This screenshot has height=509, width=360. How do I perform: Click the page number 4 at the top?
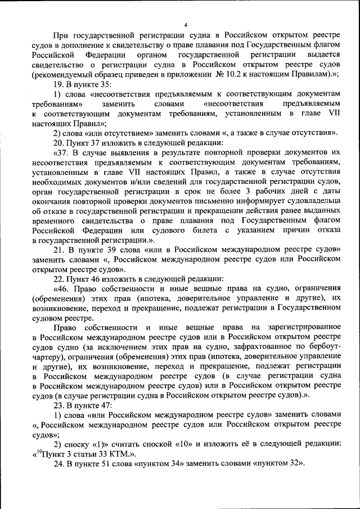click(185, 24)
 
